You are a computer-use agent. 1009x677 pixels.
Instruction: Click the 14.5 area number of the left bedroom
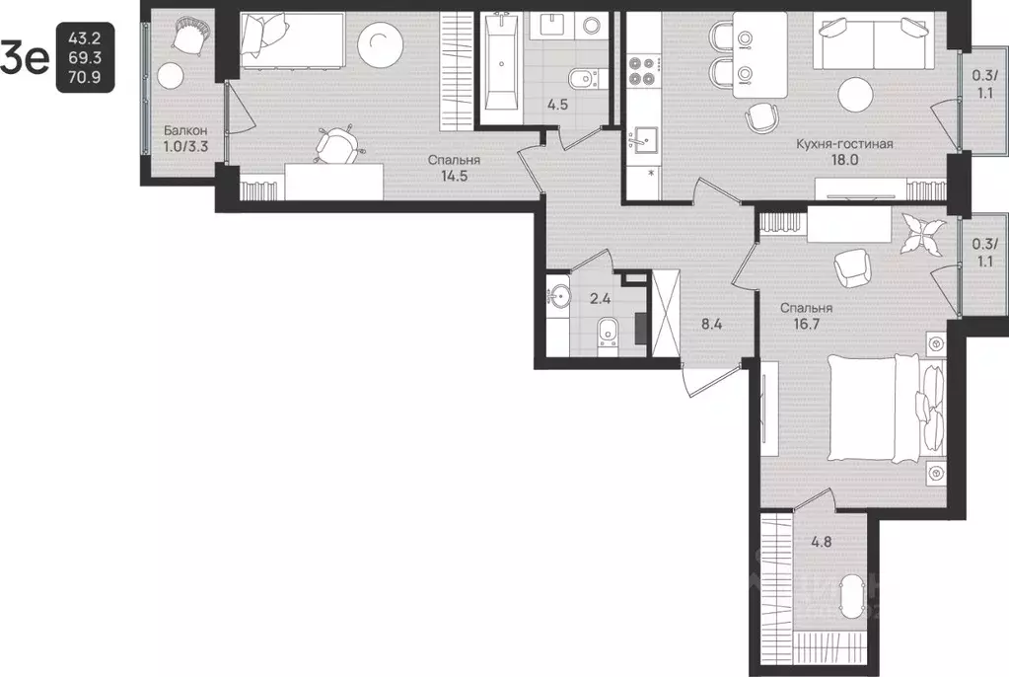point(454,176)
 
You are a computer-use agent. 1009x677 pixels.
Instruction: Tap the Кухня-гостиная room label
point(844,144)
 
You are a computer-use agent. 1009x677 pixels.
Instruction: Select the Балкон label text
point(185,130)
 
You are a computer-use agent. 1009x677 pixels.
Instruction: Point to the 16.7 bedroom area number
point(806,324)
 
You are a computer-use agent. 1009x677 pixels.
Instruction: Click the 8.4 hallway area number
point(711,324)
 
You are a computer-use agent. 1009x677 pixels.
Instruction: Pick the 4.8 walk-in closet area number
point(821,542)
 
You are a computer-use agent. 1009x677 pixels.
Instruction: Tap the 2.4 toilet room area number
point(601,298)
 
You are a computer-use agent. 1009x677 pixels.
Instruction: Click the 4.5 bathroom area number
point(557,105)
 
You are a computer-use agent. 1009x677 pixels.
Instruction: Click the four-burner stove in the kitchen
point(641,71)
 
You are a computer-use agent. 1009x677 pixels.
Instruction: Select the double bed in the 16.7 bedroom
point(886,409)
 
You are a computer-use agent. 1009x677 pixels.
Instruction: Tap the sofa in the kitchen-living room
point(874,43)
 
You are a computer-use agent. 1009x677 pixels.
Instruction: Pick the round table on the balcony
point(171,76)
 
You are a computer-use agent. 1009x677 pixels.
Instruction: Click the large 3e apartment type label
point(25,58)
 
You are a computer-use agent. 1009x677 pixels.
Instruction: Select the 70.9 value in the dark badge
point(85,78)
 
